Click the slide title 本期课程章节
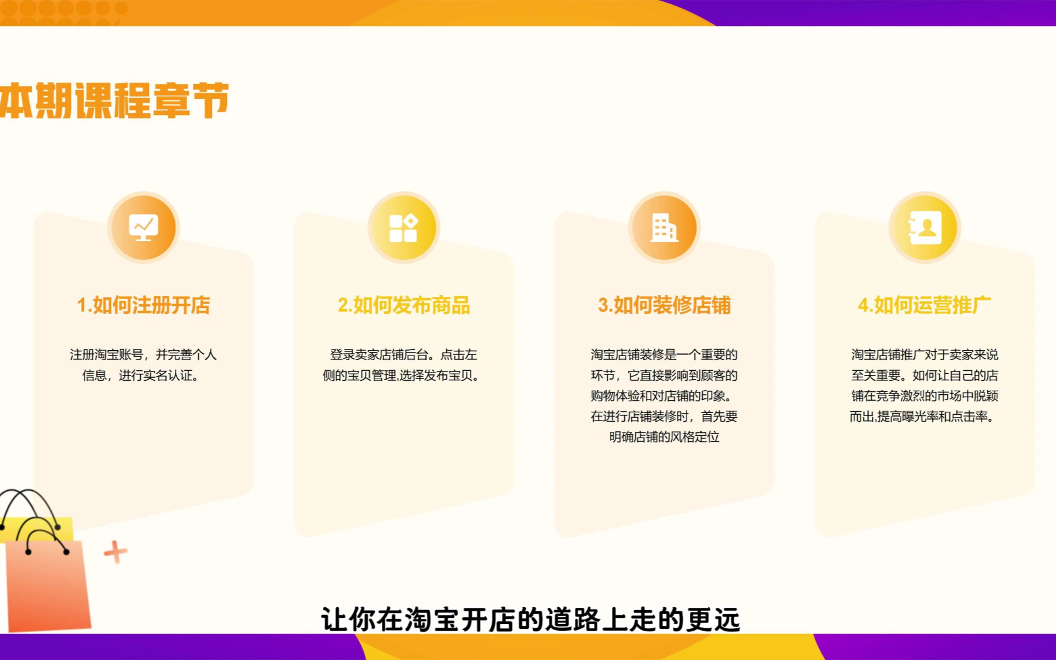point(114,101)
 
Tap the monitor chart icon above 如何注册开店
point(144,227)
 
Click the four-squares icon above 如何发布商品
point(404,228)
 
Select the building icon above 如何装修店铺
point(664,228)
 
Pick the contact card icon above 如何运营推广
point(925,228)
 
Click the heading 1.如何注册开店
point(144,305)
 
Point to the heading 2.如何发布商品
point(404,305)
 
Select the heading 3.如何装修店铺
point(664,305)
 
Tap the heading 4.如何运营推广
point(925,305)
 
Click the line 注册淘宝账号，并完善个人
point(144,354)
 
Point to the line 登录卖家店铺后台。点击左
point(404,354)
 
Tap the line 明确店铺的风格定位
point(664,436)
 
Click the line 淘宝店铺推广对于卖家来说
point(925,354)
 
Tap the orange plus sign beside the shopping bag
point(116,551)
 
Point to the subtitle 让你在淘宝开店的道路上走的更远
point(531,620)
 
